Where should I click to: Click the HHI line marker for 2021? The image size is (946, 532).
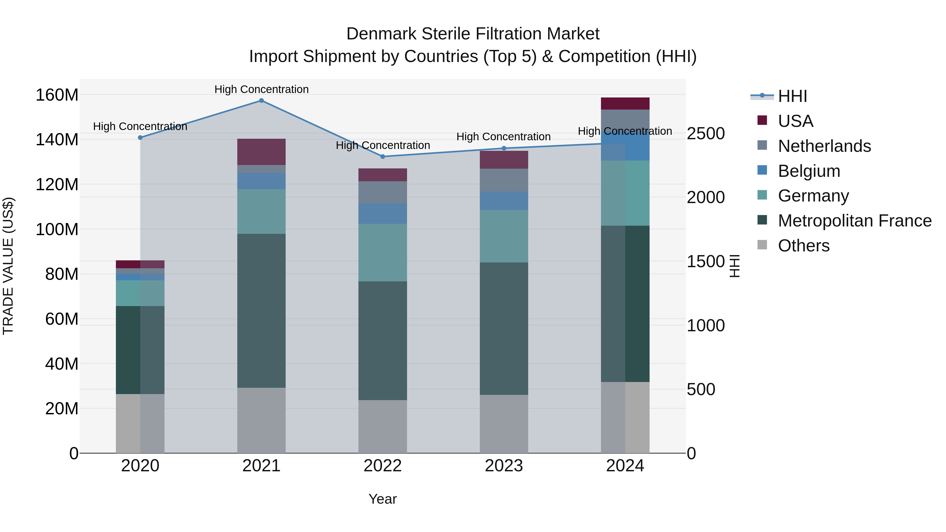click(x=261, y=101)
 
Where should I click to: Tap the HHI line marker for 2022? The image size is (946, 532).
click(x=382, y=156)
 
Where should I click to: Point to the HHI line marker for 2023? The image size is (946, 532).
click(x=504, y=148)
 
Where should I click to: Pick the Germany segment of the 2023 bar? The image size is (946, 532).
click(x=504, y=236)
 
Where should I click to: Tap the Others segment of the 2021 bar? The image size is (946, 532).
click(x=261, y=420)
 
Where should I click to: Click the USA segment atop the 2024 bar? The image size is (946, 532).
click(x=625, y=104)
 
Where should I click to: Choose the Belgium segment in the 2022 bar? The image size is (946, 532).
click(x=382, y=214)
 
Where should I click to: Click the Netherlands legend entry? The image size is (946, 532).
click(x=824, y=146)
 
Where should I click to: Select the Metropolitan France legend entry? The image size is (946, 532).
click(x=854, y=221)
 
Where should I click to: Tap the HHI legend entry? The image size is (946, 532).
click(x=792, y=96)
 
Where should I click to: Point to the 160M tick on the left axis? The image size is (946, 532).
click(x=57, y=95)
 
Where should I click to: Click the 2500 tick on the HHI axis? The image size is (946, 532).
click(x=706, y=134)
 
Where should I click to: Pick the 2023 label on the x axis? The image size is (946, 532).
click(x=504, y=466)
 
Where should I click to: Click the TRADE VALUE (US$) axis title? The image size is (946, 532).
click(x=8, y=266)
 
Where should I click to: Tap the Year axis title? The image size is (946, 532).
click(x=382, y=499)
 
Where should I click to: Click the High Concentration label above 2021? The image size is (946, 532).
click(x=261, y=89)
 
